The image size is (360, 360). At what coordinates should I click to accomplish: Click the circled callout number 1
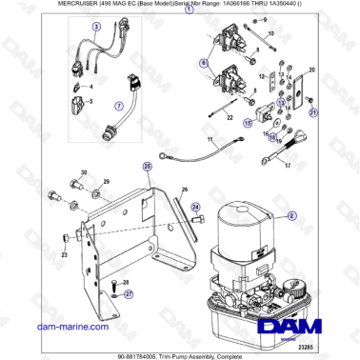click(x=189, y=32)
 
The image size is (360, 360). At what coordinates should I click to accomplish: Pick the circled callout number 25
click(x=148, y=166)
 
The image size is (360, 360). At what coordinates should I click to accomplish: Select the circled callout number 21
click(x=310, y=112)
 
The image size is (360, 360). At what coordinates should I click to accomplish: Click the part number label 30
click(x=83, y=172)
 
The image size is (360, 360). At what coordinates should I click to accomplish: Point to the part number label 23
click(x=65, y=255)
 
